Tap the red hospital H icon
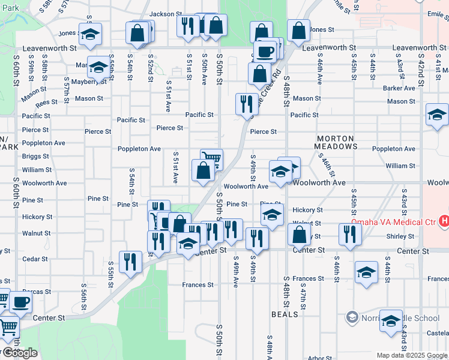tap(444, 221)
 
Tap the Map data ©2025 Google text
tap(412, 355)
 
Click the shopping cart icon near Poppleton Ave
tap(211, 158)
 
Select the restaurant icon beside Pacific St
tap(247, 104)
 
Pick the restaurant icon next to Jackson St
tap(188, 26)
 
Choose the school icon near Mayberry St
tap(98, 67)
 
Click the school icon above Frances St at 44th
tap(366, 272)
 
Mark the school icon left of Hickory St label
tap(272, 214)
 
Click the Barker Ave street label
tap(399, 88)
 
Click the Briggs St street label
tap(35, 157)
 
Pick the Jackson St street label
tap(166, 14)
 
